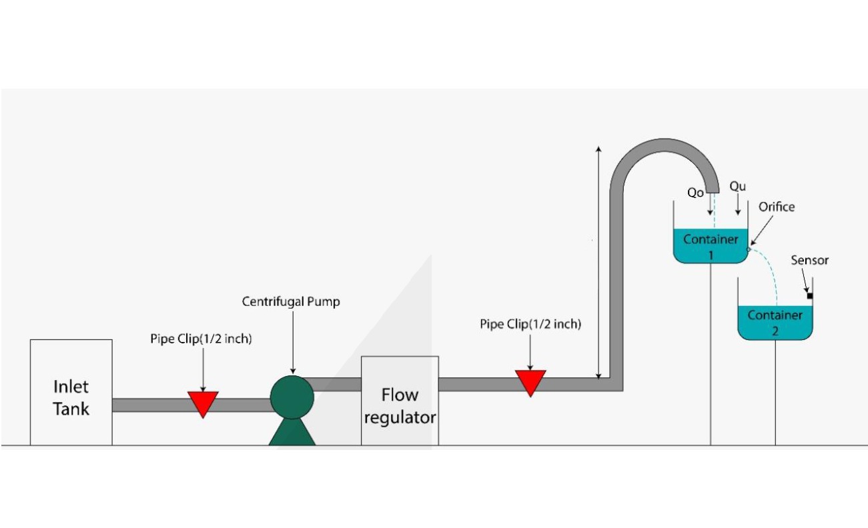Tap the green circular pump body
[292, 397]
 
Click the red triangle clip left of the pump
[202, 402]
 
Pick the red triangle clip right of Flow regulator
[530, 381]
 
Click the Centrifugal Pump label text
[291, 302]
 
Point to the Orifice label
[777, 207]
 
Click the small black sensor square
[809, 295]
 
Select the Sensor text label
[809, 260]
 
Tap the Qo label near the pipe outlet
[695, 192]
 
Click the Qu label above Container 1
[737, 186]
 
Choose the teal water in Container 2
[775, 323]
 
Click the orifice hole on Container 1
[748, 249]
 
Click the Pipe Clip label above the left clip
[201, 339]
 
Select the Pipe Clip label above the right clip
[530, 325]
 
